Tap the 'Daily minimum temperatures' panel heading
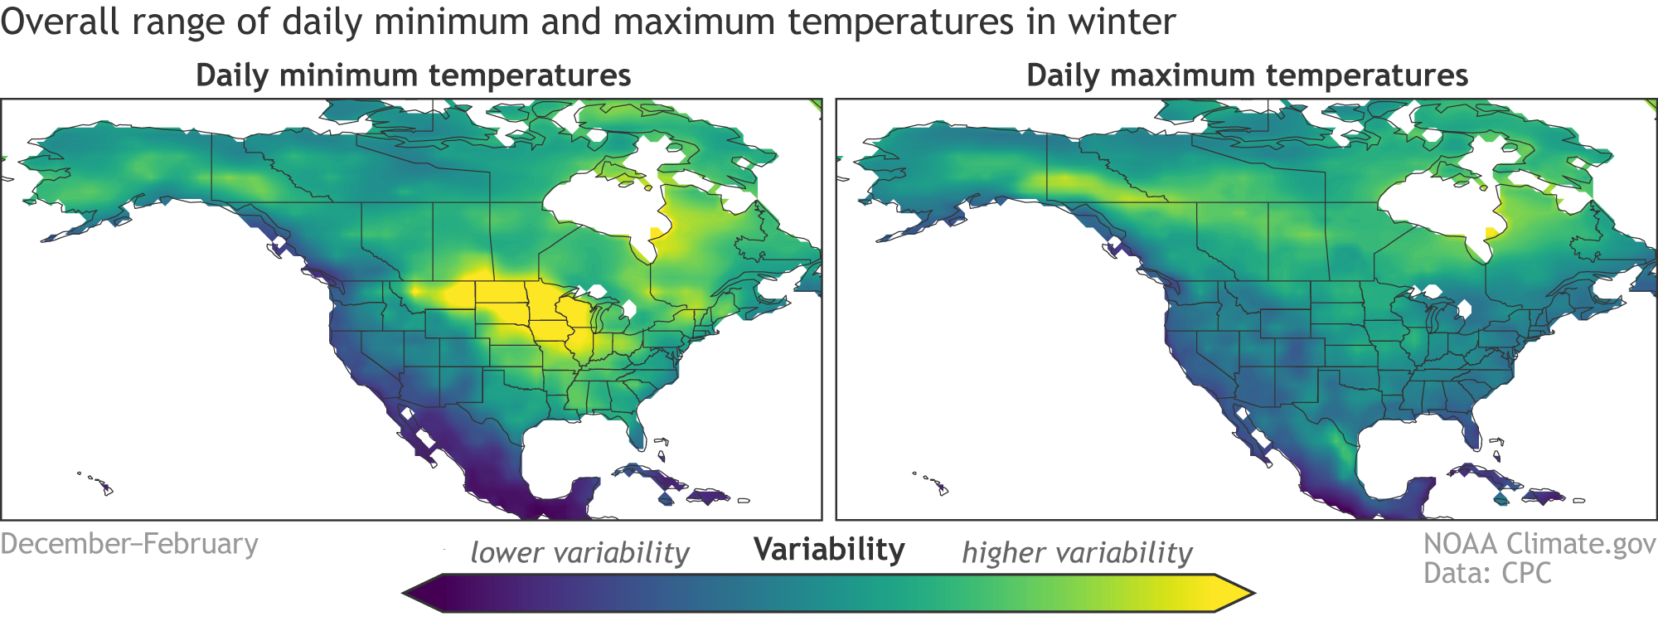(x=413, y=75)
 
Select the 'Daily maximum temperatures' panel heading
(x=1247, y=75)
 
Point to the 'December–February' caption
(x=129, y=544)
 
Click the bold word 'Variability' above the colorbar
(x=829, y=550)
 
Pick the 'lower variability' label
(x=579, y=553)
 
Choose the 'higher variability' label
(x=1077, y=553)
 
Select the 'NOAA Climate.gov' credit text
(x=1539, y=544)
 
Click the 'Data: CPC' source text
(x=1487, y=573)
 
